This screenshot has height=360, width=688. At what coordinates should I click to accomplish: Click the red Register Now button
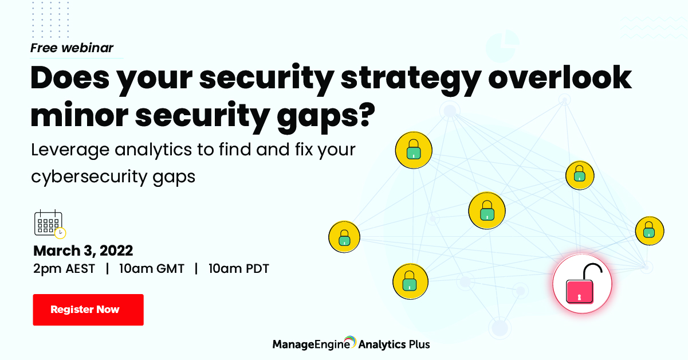[x=88, y=310]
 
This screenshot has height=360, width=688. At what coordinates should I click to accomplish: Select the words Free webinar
[x=72, y=48]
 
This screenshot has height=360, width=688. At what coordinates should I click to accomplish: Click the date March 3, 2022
[x=83, y=251]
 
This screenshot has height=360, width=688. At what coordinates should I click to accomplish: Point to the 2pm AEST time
[x=64, y=269]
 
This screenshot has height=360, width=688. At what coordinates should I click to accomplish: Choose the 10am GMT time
[x=152, y=269]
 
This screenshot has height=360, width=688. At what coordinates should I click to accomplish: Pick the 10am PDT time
[x=239, y=269]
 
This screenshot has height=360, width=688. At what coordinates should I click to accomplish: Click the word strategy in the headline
[x=411, y=80]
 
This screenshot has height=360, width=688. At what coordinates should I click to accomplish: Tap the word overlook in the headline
[x=560, y=77]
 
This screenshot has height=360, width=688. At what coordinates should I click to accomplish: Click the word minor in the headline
[x=79, y=115]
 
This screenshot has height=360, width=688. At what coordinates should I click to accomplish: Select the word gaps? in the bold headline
[x=326, y=118]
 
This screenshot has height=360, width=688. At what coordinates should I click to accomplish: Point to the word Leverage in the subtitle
[x=70, y=151]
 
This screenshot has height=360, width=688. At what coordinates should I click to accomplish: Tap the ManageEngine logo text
[x=311, y=345]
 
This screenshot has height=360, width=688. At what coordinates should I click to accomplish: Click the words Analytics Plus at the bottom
[x=394, y=345]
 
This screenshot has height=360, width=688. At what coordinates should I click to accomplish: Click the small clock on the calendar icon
[x=60, y=233]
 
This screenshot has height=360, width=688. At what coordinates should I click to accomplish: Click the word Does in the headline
[x=70, y=77]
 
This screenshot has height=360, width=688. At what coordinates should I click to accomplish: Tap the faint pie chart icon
[x=502, y=46]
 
